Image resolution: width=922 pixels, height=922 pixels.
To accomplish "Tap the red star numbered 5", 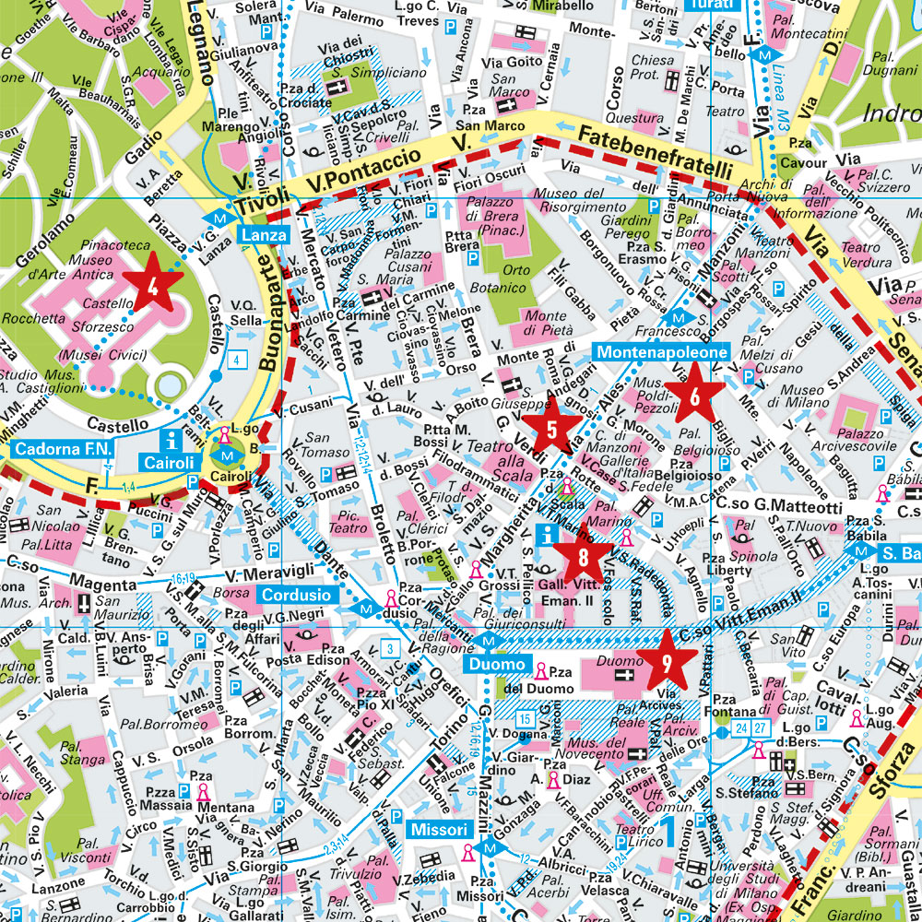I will coord(551,427).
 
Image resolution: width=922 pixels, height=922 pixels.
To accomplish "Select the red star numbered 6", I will coord(693,395).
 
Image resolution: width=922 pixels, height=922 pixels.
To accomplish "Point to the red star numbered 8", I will coord(583,556).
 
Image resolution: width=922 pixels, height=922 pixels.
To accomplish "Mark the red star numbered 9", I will coord(665,659).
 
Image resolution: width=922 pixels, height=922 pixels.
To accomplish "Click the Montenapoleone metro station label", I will coord(661,352).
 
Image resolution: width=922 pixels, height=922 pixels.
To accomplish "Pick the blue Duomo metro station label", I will coord(495,663).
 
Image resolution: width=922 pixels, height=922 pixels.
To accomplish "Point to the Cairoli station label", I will coord(167,461).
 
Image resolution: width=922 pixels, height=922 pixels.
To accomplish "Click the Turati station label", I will coord(713,6).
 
